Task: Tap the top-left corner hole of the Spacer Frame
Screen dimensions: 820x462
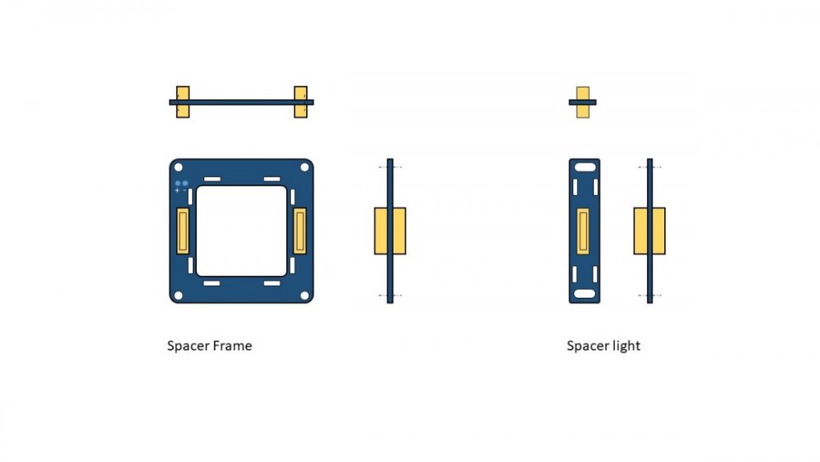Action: click(x=178, y=167)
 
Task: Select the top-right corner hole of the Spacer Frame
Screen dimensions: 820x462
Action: click(x=304, y=167)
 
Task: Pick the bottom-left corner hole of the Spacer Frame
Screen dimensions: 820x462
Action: click(x=178, y=295)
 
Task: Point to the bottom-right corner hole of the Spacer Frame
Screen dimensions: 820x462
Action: click(x=304, y=295)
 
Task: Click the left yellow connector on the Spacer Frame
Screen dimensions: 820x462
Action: click(x=183, y=231)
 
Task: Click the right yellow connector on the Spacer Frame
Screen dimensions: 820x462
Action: click(x=299, y=231)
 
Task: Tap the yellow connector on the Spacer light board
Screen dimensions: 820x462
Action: click(x=583, y=231)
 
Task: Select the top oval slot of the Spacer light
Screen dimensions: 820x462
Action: click(x=585, y=167)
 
